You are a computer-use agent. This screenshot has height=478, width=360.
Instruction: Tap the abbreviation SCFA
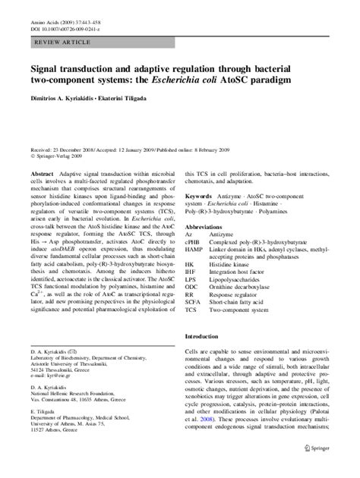(x=195, y=323)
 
